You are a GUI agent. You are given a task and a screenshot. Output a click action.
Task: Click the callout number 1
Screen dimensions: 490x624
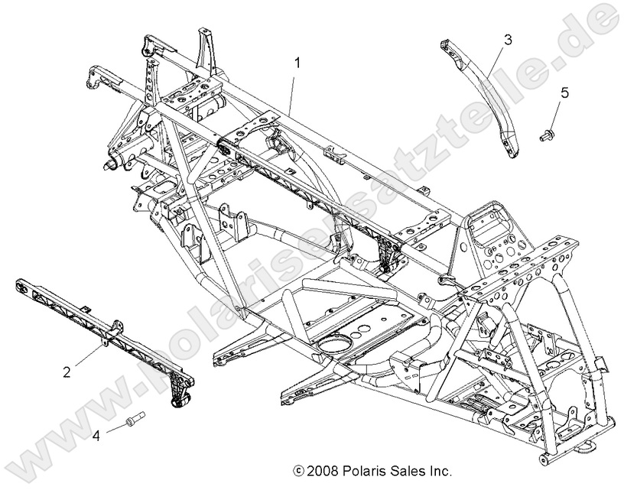(298, 60)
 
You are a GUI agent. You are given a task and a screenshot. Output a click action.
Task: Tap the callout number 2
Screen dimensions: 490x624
(68, 372)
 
